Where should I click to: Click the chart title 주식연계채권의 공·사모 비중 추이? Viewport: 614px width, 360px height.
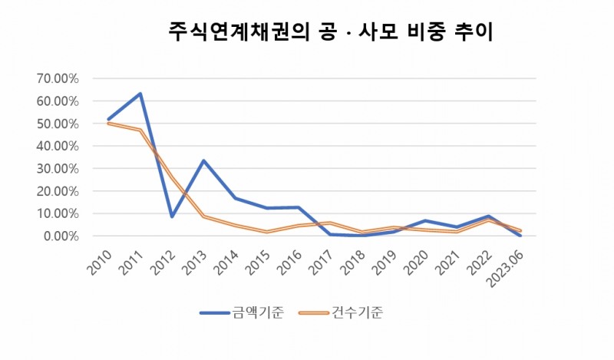pyautogui.click(x=331, y=32)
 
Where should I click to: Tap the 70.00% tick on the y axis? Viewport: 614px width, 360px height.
pyautogui.click(x=57, y=78)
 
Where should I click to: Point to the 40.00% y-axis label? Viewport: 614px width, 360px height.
pyautogui.click(x=57, y=146)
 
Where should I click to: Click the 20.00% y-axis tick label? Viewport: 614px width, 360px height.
pyautogui.click(x=57, y=191)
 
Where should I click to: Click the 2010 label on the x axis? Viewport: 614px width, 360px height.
pyautogui.click(x=97, y=261)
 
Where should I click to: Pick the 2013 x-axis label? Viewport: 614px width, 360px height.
pyautogui.click(x=193, y=261)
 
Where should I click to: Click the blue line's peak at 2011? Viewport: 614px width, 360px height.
pyautogui.click(x=140, y=94)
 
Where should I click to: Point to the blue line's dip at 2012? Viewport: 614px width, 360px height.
pyautogui.click(x=172, y=216)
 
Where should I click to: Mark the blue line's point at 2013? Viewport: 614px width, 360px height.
pyautogui.click(x=203, y=160)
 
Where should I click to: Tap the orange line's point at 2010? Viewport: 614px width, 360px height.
pyautogui.click(x=108, y=123)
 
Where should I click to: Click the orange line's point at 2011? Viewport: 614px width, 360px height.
pyautogui.click(x=140, y=130)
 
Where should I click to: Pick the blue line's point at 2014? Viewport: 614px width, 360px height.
pyautogui.click(x=235, y=198)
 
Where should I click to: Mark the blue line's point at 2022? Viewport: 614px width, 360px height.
pyautogui.click(x=488, y=216)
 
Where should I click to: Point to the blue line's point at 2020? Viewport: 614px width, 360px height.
pyautogui.click(x=425, y=221)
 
